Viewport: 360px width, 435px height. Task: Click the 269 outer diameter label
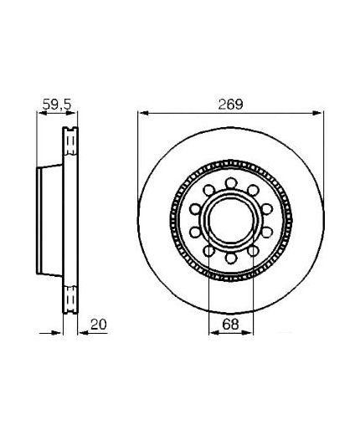coord(230,105)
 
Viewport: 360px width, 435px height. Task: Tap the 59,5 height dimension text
coord(57,105)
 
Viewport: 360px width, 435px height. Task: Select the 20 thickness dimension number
coord(99,325)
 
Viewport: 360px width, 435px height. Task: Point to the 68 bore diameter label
coord(231,325)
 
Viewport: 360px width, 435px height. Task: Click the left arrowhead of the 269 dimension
coord(144,113)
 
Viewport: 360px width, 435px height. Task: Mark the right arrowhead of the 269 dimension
coord(317,113)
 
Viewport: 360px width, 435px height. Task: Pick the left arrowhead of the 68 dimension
coord(214,332)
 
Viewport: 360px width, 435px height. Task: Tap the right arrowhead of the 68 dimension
coord(248,332)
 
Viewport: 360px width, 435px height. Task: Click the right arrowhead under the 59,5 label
coord(71,113)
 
